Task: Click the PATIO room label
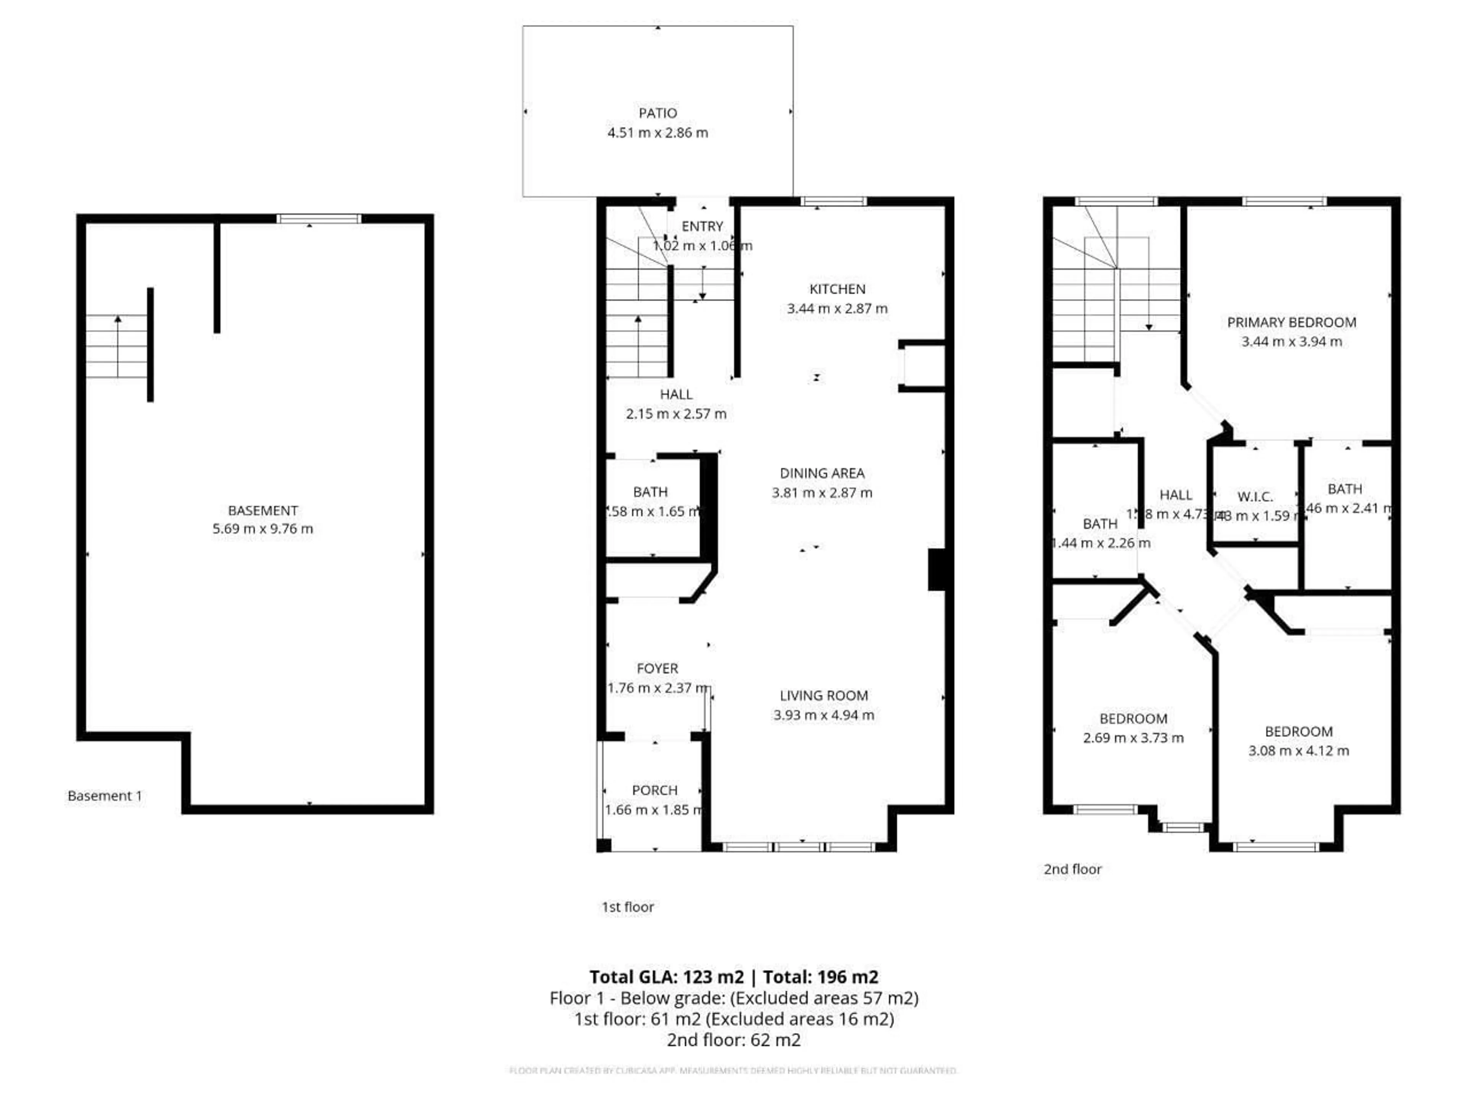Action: [658, 113]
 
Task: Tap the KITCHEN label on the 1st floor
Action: [837, 289]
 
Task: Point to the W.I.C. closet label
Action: [1254, 497]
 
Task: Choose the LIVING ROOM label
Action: [823, 695]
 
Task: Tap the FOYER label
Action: [657, 668]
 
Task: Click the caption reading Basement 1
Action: [105, 796]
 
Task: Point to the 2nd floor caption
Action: [1072, 869]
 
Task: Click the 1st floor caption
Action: [627, 906]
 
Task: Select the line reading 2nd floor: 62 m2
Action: [733, 1039]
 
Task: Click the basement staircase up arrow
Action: [118, 345]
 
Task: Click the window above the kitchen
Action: [833, 201]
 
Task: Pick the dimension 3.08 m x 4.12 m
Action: [1298, 750]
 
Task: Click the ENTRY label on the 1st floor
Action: [702, 226]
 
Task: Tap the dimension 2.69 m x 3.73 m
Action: [1133, 737]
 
